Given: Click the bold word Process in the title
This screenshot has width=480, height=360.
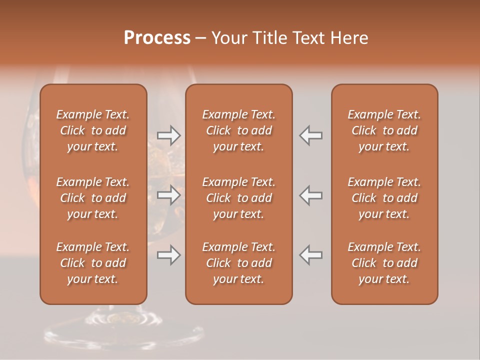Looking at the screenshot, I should coord(157,38).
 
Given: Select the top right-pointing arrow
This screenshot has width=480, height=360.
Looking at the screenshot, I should coord(168,135).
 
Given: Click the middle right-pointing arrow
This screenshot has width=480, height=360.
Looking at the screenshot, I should coord(168,195).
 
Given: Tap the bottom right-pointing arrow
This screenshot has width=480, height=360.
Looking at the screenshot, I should coord(168,255).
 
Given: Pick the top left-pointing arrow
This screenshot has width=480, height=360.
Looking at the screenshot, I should coord(311,135).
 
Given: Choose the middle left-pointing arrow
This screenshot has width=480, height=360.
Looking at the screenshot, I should coord(311,195).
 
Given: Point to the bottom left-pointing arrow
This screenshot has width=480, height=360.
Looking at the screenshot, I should coord(311,255).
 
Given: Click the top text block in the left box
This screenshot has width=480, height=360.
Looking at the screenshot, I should coord(93,130).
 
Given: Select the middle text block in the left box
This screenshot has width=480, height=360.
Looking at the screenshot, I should coord(93,198).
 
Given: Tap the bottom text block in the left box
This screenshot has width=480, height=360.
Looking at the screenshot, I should coord(93,263).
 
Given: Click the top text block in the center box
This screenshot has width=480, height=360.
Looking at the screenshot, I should coord(238,130).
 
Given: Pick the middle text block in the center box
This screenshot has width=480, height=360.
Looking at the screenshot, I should coord(238,198).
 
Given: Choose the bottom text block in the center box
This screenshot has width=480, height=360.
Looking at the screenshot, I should coord(238,263).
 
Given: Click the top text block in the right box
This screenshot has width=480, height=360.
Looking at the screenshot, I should coord(384,130).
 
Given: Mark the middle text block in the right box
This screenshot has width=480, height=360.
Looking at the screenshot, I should coord(384,198).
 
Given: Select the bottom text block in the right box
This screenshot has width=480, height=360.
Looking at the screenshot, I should coord(384,263).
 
